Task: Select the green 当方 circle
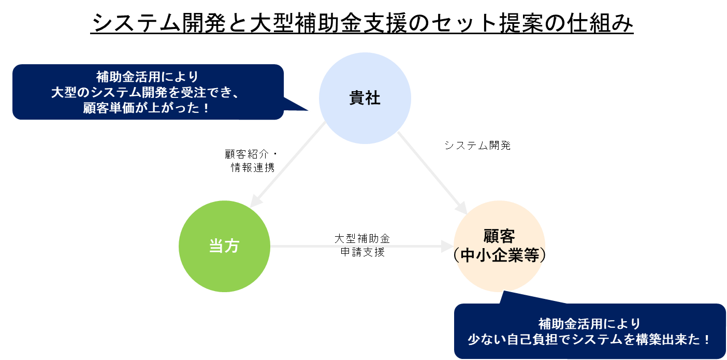(224, 269)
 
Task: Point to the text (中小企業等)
(499, 256)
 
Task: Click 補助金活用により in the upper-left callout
(148, 77)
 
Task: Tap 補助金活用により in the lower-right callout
(589, 324)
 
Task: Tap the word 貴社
(365, 98)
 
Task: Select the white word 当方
(224, 247)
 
